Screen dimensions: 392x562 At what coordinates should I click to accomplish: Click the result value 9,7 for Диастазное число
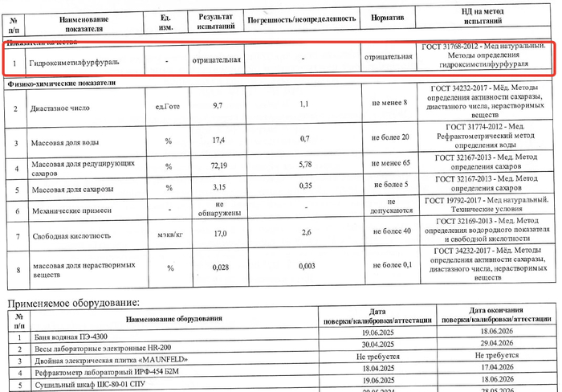click(x=217, y=106)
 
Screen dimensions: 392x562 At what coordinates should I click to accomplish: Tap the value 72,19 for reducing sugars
click(x=218, y=165)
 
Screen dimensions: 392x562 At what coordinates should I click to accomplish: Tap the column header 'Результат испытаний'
click(x=215, y=21)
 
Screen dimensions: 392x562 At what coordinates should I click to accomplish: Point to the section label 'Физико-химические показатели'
click(x=62, y=83)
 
